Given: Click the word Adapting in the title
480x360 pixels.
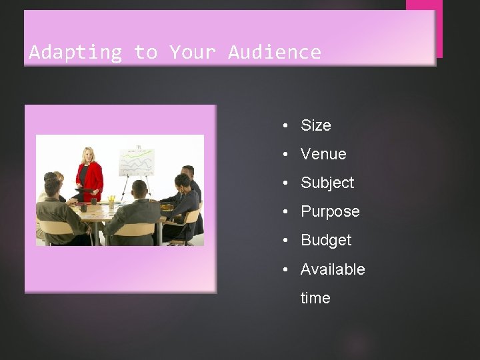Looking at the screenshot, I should tap(75, 52).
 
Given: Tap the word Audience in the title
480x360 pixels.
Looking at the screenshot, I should tap(275, 52).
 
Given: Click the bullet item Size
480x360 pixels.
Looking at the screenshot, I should tap(315, 125).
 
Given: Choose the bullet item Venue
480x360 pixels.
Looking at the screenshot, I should tap(323, 154).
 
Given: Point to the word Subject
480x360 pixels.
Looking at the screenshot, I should tap(327, 183).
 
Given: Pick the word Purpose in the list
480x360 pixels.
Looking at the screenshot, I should tap(330, 211).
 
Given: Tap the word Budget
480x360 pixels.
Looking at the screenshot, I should tap(325, 240).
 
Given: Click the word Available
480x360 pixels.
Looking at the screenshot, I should tap(333, 269).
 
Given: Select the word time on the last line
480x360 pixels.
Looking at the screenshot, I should tap(315, 298).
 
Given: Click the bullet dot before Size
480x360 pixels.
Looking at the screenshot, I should tap(285, 125).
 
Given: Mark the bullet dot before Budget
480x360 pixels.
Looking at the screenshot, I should tap(285, 240).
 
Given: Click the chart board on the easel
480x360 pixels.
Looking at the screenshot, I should tap(136, 162).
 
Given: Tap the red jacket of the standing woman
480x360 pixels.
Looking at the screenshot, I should tap(91, 177).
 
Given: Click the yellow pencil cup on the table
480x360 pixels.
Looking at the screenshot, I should tap(111, 200).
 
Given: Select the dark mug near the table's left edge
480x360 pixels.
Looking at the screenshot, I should tap(83, 207).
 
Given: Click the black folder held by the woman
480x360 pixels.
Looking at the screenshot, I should tap(85, 191).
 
